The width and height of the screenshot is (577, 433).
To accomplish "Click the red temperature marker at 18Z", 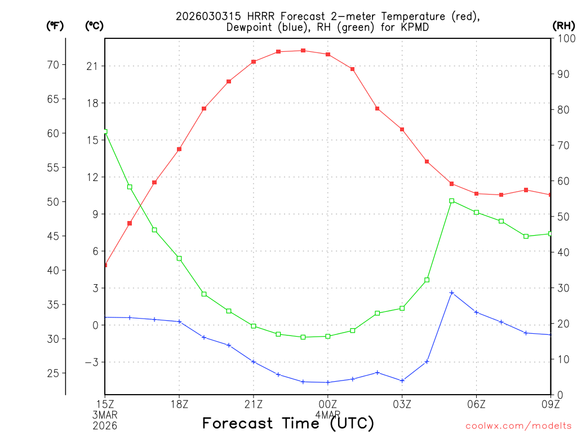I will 179,149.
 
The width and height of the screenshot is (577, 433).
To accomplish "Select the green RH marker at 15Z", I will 105,131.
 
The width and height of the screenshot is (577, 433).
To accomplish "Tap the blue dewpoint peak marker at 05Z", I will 451,293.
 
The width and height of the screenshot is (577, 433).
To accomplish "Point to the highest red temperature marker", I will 303,51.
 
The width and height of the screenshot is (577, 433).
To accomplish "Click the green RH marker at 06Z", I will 476,213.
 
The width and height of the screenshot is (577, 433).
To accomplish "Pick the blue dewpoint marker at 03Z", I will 402,381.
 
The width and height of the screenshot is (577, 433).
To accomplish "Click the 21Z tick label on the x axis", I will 254,404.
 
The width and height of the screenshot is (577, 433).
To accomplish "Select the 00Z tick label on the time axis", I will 328,404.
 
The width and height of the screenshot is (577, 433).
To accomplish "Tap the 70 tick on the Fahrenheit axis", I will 53,65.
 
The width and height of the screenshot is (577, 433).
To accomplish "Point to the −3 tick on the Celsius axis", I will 90,362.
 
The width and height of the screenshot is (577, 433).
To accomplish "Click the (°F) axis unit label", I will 55,25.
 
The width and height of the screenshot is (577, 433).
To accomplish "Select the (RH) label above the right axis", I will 563,25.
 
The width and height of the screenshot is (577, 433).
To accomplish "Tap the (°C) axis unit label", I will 94,25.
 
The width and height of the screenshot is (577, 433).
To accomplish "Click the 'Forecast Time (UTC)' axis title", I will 288,423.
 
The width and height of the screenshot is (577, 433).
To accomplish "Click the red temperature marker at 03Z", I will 402,130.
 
